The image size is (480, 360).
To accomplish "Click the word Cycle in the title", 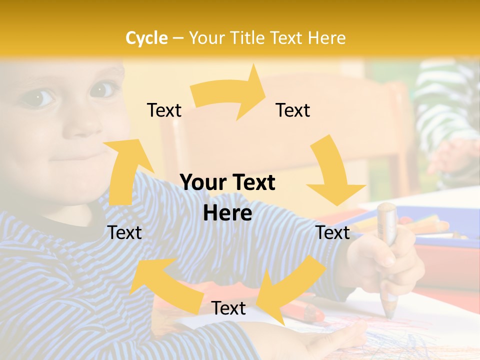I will coord(146,38).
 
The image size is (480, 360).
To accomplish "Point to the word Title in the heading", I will coord(245,38).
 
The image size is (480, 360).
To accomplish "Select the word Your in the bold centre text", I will coord(201,183).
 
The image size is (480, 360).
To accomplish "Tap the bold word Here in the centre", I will coord(227,213).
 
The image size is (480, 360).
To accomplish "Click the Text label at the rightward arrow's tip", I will coord(293,110).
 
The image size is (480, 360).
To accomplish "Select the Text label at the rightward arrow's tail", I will coord(164,110).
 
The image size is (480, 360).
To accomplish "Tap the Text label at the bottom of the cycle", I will coord(228,308).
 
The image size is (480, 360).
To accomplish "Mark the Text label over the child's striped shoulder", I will coord(125,233).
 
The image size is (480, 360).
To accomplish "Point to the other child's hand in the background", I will coord(452,155).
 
